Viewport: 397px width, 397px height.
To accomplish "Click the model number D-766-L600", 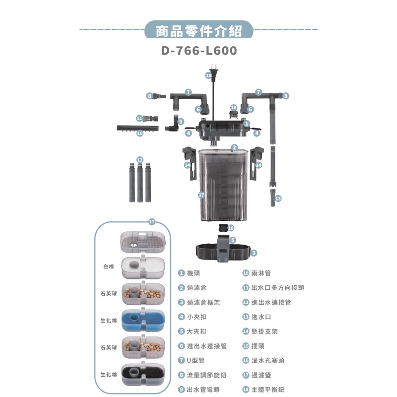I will [x=198, y=51].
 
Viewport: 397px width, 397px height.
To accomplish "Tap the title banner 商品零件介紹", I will [x=198, y=31].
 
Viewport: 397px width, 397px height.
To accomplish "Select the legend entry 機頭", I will [x=194, y=273].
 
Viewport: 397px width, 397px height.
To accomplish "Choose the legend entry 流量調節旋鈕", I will [x=203, y=375].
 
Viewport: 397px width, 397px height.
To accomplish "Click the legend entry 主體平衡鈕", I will [x=268, y=390].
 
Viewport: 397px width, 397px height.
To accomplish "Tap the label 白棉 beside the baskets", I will [x=108, y=266].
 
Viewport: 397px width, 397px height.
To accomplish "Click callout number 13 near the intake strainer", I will [x=278, y=198].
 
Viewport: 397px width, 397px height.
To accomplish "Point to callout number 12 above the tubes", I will [x=140, y=159].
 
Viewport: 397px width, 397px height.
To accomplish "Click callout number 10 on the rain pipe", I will [x=140, y=133].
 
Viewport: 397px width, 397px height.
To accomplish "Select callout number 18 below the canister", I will [x=230, y=227].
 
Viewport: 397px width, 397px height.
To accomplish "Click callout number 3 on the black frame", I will [x=254, y=253].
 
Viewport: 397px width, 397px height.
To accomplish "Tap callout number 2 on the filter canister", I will [x=234, y=147].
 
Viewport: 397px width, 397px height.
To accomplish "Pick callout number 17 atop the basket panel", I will [x=152, y=221].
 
